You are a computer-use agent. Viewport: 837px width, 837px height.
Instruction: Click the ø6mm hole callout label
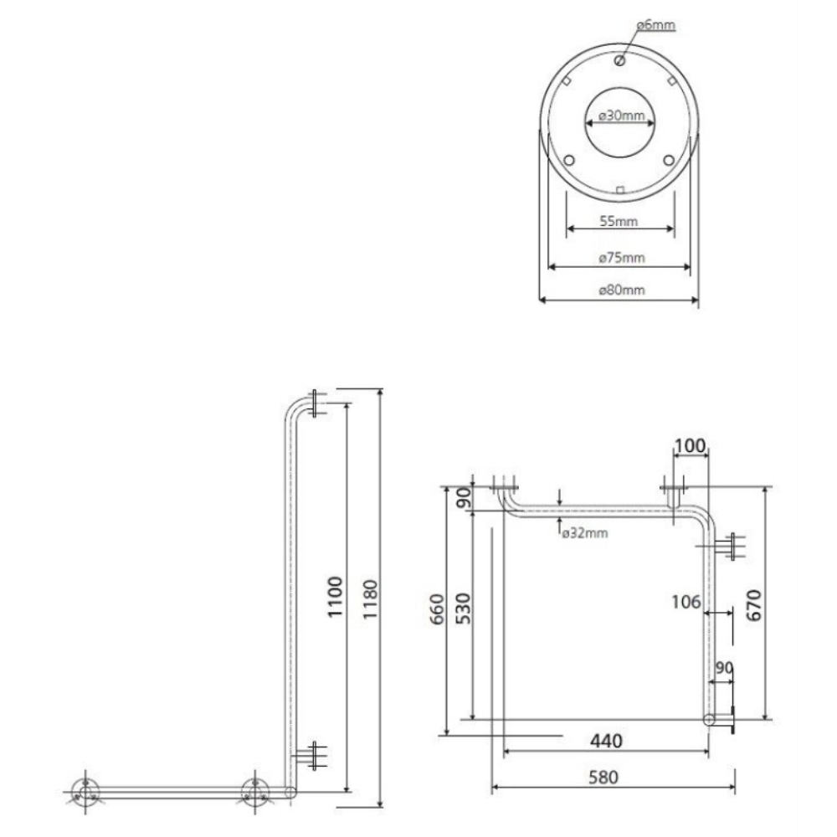656,25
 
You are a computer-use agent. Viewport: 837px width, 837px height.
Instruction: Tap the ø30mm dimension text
621,116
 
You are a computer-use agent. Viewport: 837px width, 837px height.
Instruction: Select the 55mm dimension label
619,221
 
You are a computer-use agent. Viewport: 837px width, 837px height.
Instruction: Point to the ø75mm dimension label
621,258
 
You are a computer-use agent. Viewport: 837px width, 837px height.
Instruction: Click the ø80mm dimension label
621,290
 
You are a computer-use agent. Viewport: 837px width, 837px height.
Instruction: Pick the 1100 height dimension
335,597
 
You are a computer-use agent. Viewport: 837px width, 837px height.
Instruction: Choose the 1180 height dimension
370,599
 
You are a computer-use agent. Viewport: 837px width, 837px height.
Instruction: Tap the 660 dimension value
437,609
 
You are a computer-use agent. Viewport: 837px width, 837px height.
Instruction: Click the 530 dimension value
464,609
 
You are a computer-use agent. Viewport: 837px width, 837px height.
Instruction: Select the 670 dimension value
753,605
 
